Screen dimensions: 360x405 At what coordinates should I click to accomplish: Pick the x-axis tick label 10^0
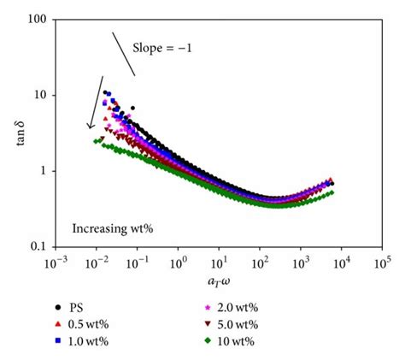(179, 258)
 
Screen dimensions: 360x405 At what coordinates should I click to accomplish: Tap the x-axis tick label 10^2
(260, 258)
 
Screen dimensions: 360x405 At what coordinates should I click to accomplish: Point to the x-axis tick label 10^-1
(136, 258)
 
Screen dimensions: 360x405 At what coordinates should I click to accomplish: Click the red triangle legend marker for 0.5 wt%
(56, 326)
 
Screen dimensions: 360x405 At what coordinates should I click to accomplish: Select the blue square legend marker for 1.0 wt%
(56, 343)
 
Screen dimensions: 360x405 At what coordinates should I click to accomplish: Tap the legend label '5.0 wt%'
(244, 326)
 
